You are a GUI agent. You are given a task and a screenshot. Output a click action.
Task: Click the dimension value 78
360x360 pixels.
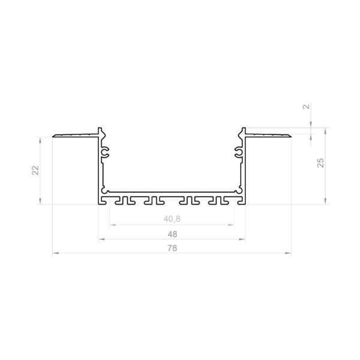(172, 248)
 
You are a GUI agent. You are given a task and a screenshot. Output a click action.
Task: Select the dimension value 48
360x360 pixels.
(172, 234)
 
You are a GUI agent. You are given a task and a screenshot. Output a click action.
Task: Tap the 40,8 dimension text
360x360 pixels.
(172, 219)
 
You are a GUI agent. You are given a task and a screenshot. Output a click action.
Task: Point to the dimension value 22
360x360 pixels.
(35, 170)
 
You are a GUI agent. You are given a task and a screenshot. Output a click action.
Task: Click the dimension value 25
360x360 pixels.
(320, 163)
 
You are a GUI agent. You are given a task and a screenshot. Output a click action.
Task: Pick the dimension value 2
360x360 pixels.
(307, 107)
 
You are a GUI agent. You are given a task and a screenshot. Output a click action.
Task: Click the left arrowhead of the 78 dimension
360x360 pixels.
(56, 253)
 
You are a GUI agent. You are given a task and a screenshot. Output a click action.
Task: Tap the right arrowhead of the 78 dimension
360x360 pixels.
(288, 253)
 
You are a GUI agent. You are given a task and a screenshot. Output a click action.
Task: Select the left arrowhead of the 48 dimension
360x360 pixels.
(102, 239)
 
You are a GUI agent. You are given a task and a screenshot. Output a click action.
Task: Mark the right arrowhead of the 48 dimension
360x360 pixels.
(242, 239)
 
